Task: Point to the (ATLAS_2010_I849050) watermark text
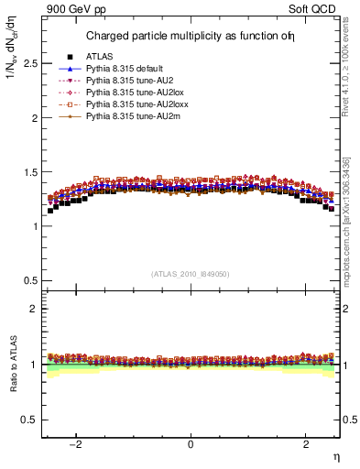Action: point(191,274)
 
